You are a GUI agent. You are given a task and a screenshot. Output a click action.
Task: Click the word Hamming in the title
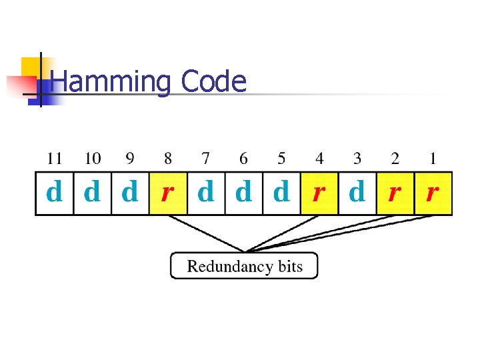click(110, 82)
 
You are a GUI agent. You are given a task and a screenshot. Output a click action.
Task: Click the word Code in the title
click(213, 82)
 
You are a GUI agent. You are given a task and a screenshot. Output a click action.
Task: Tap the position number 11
click(54, 159)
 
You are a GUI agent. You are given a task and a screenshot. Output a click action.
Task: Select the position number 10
click(93, 159)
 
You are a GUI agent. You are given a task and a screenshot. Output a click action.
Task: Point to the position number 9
click(130, 159)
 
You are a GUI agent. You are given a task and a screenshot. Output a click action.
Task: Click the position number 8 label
click(168, 159)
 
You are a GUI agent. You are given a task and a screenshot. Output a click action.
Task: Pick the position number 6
click(243, 159)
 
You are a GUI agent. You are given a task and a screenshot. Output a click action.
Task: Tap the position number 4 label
click(319, 159)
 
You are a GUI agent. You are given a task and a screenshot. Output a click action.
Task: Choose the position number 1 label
click(433, 159)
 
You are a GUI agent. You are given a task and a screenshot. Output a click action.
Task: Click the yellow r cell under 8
click(168, 193)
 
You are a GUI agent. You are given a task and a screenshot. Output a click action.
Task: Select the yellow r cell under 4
click(319, 193)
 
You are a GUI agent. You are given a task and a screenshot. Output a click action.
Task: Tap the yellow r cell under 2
click(395, 193)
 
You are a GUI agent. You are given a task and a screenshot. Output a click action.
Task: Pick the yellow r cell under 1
click(433, 193)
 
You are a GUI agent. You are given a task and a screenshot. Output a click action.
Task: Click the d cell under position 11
click(54, 193)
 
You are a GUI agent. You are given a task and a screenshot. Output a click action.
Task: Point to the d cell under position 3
click(357, 193)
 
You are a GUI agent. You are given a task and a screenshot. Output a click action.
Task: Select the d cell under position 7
click(206, 193)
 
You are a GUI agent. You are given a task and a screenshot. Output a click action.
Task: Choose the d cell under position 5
click(281, 193)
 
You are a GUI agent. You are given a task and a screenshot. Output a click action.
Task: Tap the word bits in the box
click(289, 267)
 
